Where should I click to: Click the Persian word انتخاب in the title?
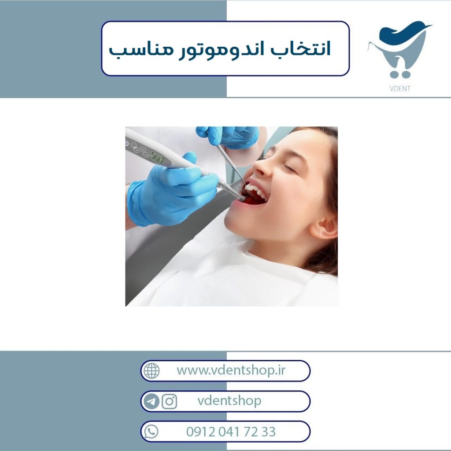coord(300,49)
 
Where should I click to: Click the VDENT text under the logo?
coord(400,89)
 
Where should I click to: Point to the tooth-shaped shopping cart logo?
coord(400,50)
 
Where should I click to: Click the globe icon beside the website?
coord(152,370)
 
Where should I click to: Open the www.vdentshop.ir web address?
coord(231,370)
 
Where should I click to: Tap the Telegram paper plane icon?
coord(152,401)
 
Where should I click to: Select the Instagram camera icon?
coord(169,401)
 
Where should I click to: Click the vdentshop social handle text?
coord(229,401)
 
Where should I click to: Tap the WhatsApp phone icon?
coord(152,432)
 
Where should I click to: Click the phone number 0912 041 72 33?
coord(231,432)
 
